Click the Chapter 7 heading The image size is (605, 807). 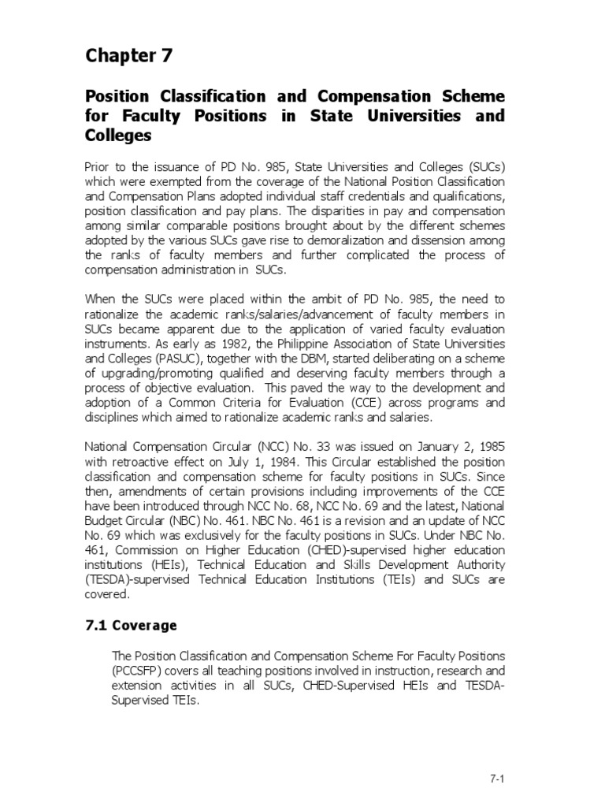(128, 56)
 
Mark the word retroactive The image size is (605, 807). (141, 462)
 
